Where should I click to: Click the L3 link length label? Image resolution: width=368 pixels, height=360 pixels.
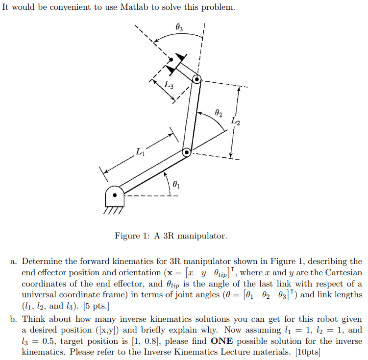pyautogui.click(x=169, y=84)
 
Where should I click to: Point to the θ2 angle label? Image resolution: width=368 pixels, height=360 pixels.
pyautogui.click(x=219, y=113)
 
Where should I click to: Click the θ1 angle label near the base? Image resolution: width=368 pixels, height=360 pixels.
pyautogui.click(x=177, y=184)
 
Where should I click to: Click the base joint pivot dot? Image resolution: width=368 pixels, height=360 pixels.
pyautogui.click(x=115, y=195)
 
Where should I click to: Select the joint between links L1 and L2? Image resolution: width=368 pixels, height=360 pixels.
pyautogui.click(x=187, y=153)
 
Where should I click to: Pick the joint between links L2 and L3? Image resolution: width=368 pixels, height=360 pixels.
pyautogui.click(x=196, y=79)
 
